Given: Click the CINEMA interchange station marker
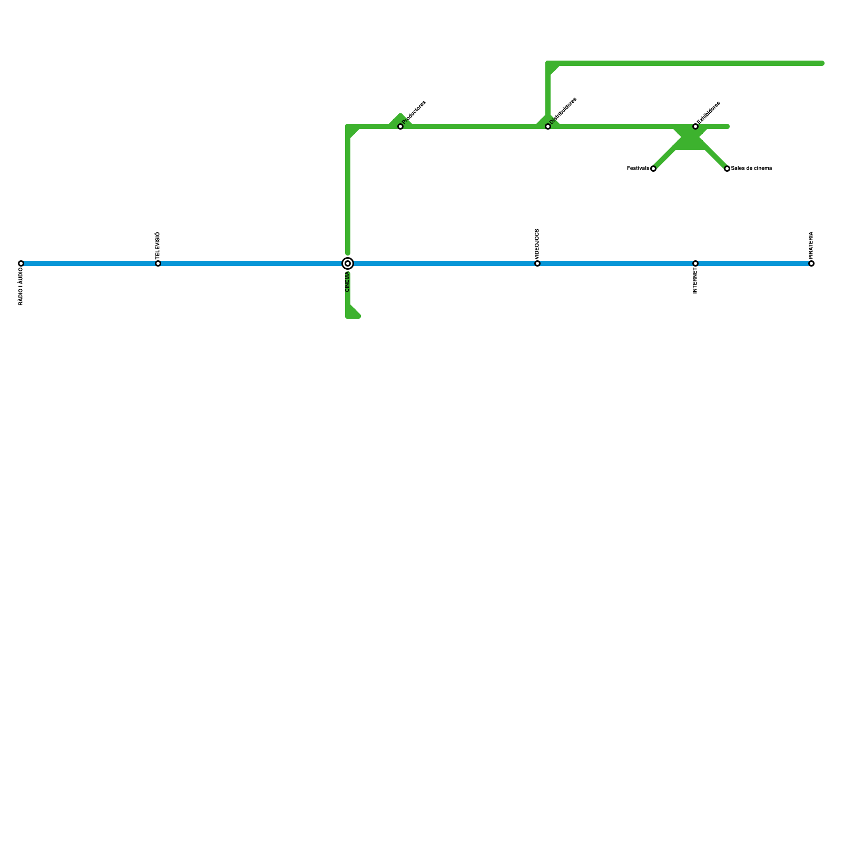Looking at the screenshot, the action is [x=348, y=263].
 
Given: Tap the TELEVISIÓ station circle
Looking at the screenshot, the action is [x=158, y=263].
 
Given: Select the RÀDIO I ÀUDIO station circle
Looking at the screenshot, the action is [x=21, y=263].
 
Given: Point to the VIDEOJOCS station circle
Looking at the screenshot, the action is [x=537, y=263].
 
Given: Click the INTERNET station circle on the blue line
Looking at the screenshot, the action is [x=695, y=263].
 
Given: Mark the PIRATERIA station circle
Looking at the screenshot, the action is [x=811, y=263].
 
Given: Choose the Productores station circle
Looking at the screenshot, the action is [x=400, y=126].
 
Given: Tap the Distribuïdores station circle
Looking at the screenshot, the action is [x=548, y=126].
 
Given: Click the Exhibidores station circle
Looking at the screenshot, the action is [x=695, y=126].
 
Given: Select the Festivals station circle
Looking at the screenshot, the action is [x=653, y=169].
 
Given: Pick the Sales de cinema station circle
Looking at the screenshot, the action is [x=727, y=169].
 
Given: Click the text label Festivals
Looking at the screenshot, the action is [x=638, y=169].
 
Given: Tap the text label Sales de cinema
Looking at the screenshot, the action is [x=751, y=169].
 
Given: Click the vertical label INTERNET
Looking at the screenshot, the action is [x=695, y=281].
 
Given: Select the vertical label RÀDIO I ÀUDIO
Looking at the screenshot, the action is [x=21, y=287].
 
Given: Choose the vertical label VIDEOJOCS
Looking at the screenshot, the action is [x=537, y=243].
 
